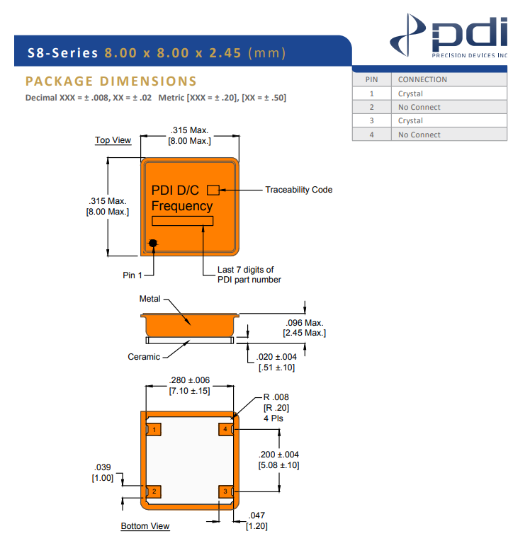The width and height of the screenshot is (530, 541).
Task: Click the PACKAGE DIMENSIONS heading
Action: [111, 81]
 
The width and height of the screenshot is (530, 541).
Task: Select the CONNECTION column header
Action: [422, 79]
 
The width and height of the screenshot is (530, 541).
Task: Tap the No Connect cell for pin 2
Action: [419, 107]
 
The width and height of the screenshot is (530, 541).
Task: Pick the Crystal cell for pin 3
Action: [410, 120]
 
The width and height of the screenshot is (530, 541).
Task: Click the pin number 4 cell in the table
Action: [371, 135]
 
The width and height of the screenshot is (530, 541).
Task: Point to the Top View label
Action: [113, 140]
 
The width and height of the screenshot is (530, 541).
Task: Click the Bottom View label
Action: [145, 526]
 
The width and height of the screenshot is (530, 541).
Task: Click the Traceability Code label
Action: [298, 190]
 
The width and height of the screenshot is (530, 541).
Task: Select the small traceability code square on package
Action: [213, 190]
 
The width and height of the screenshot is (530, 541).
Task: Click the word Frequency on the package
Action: [182, 206]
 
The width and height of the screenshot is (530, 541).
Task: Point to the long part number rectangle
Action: [182, 221]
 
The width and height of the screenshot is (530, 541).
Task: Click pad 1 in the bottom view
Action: [154, 429]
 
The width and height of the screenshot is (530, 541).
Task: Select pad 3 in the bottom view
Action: [225, 491]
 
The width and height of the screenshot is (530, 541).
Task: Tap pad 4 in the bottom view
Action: [225, 429]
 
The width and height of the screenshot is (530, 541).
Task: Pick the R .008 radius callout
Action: [276, 397]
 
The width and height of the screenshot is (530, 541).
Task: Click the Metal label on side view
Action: [150, 299]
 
